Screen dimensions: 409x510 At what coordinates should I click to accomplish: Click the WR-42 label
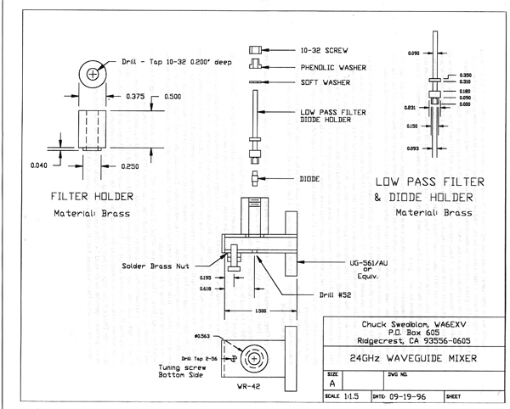coord(246,386)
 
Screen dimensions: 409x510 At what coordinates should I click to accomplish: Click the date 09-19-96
coord(416,395)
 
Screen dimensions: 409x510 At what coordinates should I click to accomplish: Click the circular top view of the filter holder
coord(92,76)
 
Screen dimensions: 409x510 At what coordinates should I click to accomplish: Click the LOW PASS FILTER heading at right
coord(429,182)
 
